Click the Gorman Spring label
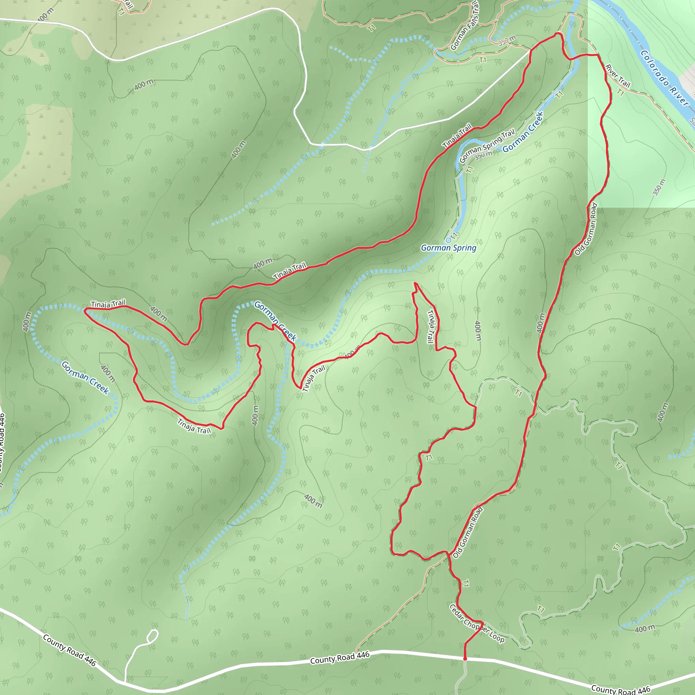tap(449, 248)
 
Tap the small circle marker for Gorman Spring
tap(448, 240)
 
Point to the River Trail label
tap(618, 76)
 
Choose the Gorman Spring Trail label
tap(487, 146)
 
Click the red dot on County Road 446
tap(465, 659)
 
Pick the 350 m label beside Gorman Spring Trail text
tap(483, 155)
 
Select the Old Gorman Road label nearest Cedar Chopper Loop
tap(468, 532)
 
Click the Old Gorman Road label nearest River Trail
tap(586, 229)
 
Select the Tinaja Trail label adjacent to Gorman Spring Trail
tap(457, 136)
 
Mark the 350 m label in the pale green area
tap(659, 187)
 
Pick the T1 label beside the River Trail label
tap(620, 92)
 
